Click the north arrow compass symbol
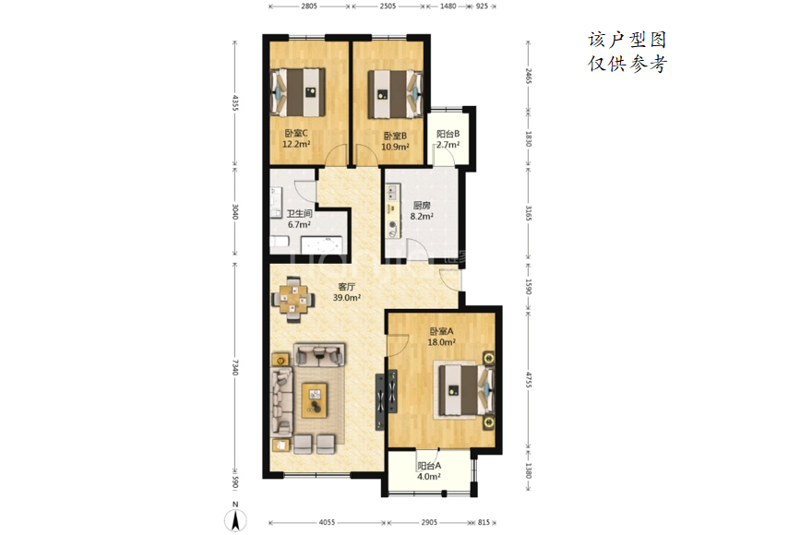click(235, 519)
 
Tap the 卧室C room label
click(296, 134)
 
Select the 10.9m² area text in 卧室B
click(395, 147)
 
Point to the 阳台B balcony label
click(448, 134)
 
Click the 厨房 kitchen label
click(422, 205)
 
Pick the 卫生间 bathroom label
click(299, 213)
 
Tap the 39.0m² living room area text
click(346, 298)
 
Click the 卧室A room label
click(441, 331)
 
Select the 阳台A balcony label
click(429, 466)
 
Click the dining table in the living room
click(293, 300)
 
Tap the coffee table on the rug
click(315, 400)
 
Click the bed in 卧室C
click(298, 92)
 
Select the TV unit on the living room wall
click(387, 399)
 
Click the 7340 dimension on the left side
click(234, 367)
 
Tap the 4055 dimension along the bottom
click(327, 523)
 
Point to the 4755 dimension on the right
click(528, 380)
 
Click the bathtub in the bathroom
click(322, 245)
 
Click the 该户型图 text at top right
click(627, 40)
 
